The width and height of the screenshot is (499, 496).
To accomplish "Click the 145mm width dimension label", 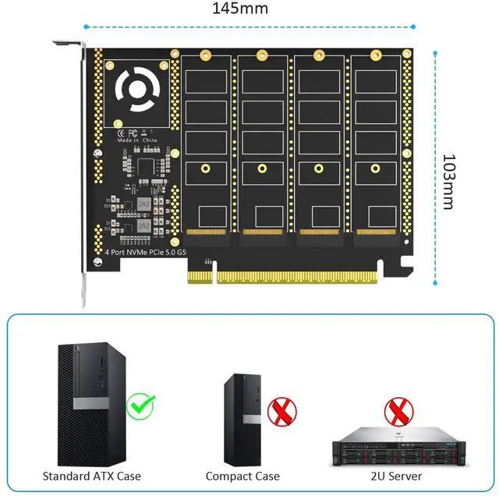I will pyautogui.click(x=242, y=9).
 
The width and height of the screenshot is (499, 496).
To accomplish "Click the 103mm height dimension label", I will pyautogui.click(x=448, y=181).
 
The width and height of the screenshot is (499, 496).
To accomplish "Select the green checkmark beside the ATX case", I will pyautogui.click(x=141, y=406).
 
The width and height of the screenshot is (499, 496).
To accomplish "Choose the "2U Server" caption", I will pyautogui.click(x=396, y=475).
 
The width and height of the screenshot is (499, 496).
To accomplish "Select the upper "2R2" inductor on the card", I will pyautogui.click(x=143, y=204).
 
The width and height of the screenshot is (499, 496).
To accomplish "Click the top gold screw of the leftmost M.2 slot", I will pyautogui.click(x=206, y=55).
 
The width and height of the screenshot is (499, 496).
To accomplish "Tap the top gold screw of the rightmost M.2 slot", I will pyautogui.click(x=375, y=55).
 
